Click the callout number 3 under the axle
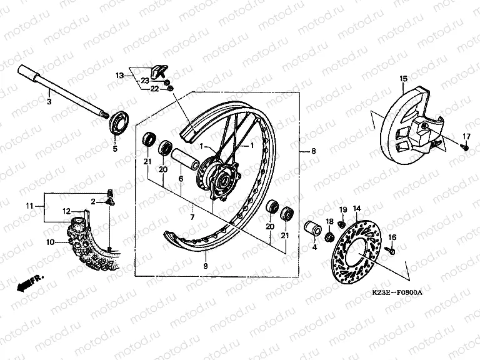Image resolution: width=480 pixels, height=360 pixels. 49,101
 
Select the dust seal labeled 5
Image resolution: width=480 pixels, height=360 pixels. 119,124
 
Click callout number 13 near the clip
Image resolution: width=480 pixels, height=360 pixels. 120,75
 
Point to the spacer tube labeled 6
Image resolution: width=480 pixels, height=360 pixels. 184,159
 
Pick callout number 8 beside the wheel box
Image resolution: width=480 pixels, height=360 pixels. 313,151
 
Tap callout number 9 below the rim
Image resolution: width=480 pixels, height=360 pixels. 206,266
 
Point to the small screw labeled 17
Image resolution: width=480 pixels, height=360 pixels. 465,147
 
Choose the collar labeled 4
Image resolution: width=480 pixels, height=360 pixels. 312,228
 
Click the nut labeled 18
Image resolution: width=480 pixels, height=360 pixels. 330,236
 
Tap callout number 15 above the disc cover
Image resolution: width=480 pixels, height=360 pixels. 404,79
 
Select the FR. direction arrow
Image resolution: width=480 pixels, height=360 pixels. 29,282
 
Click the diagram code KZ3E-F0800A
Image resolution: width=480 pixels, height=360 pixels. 397,292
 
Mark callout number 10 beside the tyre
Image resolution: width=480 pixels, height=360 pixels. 51,242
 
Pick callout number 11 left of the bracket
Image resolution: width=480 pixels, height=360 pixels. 29,206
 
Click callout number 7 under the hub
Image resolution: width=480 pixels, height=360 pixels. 192,217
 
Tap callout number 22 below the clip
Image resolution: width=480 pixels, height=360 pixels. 154,89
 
